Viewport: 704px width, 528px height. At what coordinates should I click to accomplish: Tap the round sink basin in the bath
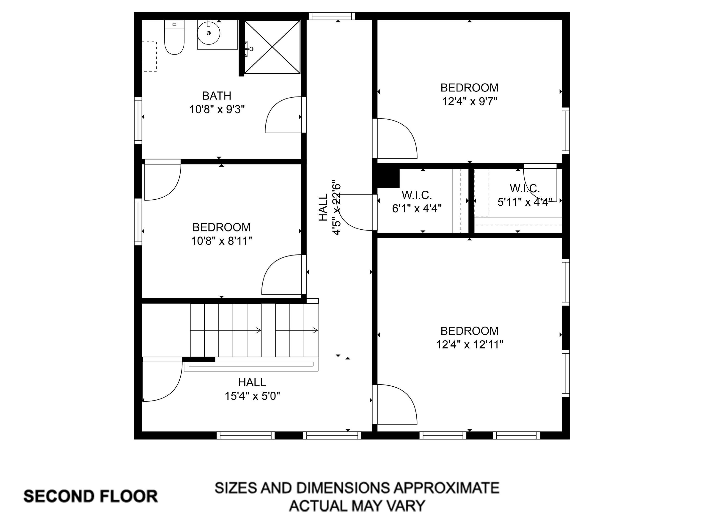pos(209,33)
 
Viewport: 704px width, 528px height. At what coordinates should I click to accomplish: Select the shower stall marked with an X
pos(272,47)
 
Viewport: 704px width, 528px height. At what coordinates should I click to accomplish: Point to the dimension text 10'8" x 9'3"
pos(217,110)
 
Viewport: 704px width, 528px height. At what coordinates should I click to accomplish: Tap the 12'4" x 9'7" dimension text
pos(469,102)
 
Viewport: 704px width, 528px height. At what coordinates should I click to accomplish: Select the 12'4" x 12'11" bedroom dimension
pos(469,345)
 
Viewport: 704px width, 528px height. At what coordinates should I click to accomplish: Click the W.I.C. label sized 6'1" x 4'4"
pos(417,195)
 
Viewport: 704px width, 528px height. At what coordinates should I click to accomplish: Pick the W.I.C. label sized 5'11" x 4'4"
pos(525,188)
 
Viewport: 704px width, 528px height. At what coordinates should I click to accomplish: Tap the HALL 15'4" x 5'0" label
pos(252,382)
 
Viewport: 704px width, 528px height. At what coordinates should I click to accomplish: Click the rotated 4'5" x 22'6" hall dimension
pos(336,209)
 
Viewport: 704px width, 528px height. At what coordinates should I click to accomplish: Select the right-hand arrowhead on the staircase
pos(315,330)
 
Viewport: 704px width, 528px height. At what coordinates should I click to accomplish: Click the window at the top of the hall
pos(331,16)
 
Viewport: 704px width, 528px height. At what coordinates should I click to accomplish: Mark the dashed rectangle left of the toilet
pos(149,56)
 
